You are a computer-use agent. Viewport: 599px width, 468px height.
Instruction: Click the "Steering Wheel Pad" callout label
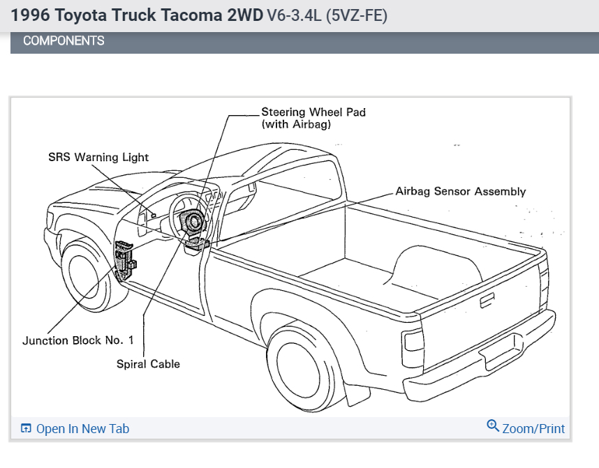pyautogui.click(x=313, y=112)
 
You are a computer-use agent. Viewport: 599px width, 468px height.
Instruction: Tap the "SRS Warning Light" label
pyautogui.click(x=98, y=158)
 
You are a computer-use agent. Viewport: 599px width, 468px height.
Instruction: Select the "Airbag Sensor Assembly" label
pyautogui.click(x=460, y=191)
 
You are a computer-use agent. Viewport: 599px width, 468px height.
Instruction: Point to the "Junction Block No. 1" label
pyautogui.click(x=77, y=341)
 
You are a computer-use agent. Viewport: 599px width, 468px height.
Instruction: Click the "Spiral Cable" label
pyautogui.click(x=148, y=364)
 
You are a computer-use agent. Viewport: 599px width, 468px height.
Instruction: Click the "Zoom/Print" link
pyautogui.click(x=533, y=428)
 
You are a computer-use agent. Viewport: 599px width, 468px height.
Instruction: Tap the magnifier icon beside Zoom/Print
pyautogui.click(x=493, y=426)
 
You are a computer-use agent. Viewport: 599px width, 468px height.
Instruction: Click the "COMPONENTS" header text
pyautogui.click(x=64, y=41)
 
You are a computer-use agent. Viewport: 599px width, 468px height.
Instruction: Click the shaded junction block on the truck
pyautogui.click(x=124, y=259)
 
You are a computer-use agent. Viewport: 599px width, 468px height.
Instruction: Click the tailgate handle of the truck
pyautogui.click(x=484, y=301)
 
